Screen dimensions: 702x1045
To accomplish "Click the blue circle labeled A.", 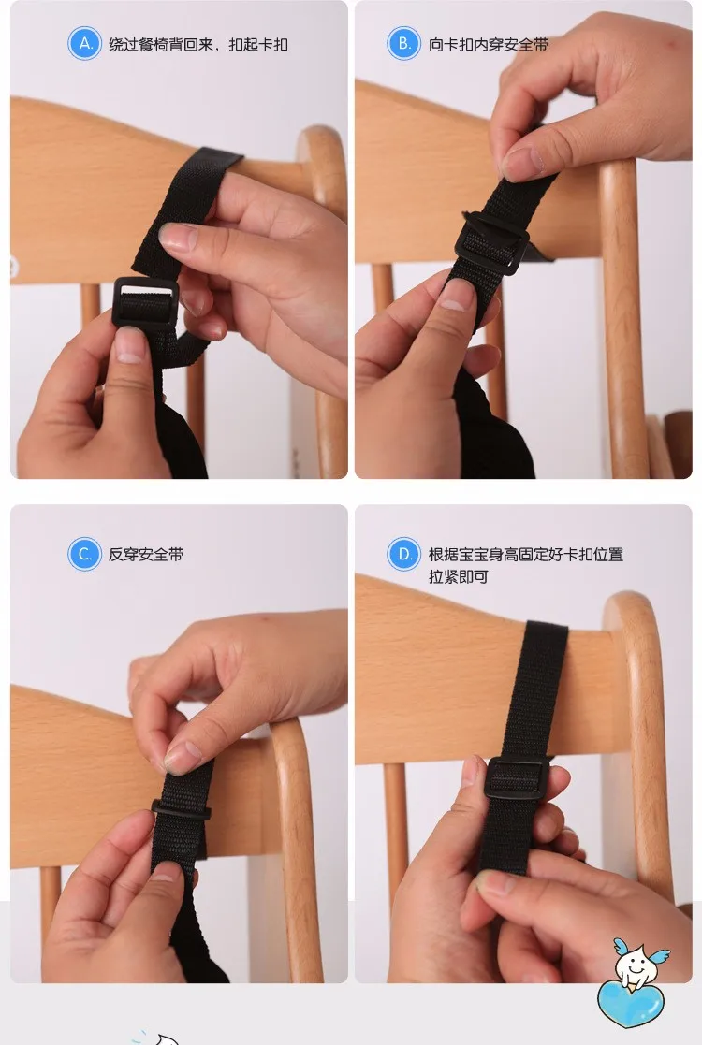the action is (x=84, y=44).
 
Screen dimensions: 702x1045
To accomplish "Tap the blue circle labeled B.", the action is (x=404, y=44).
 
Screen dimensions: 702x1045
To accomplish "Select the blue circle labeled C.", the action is (x=84, y=554).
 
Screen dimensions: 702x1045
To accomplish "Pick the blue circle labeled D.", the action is (x=404, y=554).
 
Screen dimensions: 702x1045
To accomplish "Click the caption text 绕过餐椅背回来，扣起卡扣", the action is (x=198, y=45).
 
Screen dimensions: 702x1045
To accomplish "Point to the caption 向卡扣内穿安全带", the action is (x=488, y=45).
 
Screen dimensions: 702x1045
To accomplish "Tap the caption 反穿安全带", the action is (x=145, y=555).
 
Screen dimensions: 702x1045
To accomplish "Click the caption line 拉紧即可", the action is (x=458, y=577).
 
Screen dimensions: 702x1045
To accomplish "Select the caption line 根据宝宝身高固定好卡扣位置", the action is (x=525, y=555).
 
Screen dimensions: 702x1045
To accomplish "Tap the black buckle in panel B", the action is (x=492, y=242).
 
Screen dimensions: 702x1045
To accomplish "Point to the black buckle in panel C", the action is (x=181, y=810).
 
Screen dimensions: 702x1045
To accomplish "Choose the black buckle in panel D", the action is (x=517, y=778).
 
